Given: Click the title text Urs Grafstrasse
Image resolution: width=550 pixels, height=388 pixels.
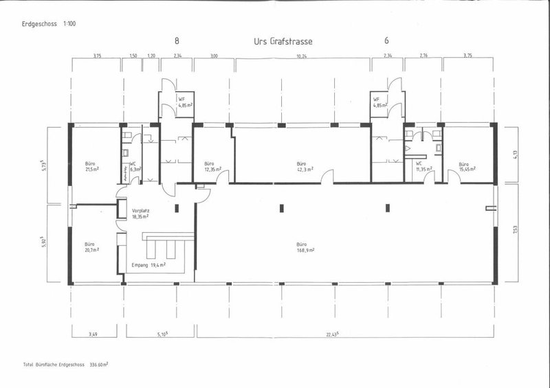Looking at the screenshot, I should point(283,41).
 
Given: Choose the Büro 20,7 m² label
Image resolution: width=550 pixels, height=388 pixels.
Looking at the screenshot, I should point(91,247).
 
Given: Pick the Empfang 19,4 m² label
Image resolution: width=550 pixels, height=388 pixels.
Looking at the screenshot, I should point(148,264).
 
